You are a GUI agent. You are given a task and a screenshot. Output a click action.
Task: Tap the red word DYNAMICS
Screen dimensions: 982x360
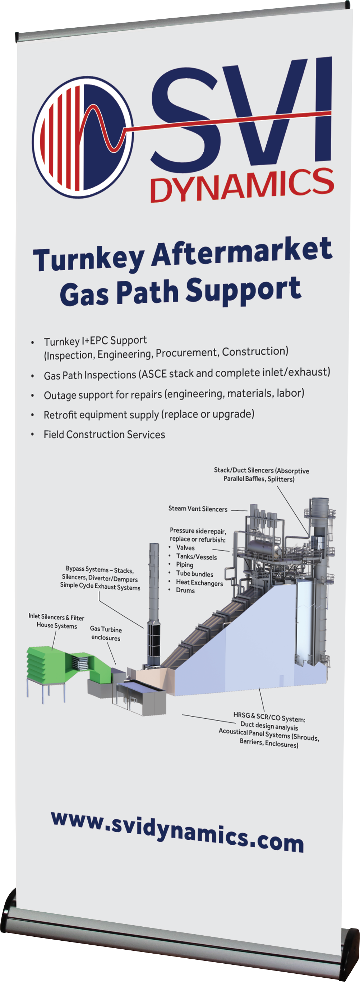[242, 185]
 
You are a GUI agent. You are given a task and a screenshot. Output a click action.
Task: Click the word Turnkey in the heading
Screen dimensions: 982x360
[88, 259]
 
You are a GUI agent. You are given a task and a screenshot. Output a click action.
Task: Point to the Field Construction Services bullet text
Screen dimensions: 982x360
[104, 435]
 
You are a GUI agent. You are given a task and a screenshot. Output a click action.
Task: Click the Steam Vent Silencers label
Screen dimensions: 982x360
[198, 509]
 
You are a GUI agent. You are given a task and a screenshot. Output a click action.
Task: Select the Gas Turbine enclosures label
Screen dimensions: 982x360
[106, 633]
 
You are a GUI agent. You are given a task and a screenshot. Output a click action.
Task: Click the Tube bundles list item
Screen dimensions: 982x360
[194, 574]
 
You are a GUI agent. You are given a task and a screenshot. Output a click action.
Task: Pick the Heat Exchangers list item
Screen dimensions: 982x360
[199, 583]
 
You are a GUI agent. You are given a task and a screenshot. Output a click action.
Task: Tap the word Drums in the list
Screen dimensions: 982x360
[185, 590]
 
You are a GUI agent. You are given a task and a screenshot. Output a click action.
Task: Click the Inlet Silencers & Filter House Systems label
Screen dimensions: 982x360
[56, 621]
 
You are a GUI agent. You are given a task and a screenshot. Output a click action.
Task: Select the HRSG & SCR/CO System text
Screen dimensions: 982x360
[269, 719]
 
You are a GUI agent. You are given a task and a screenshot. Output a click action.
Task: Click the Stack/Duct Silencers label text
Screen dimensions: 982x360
[261, 474]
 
